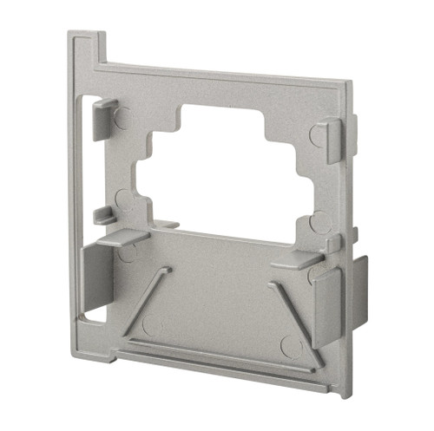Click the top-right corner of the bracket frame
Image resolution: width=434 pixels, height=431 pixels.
point(348,85)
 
